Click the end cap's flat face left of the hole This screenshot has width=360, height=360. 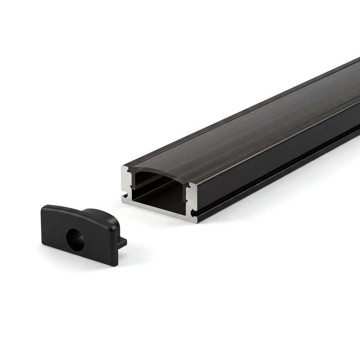pos(52,230)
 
